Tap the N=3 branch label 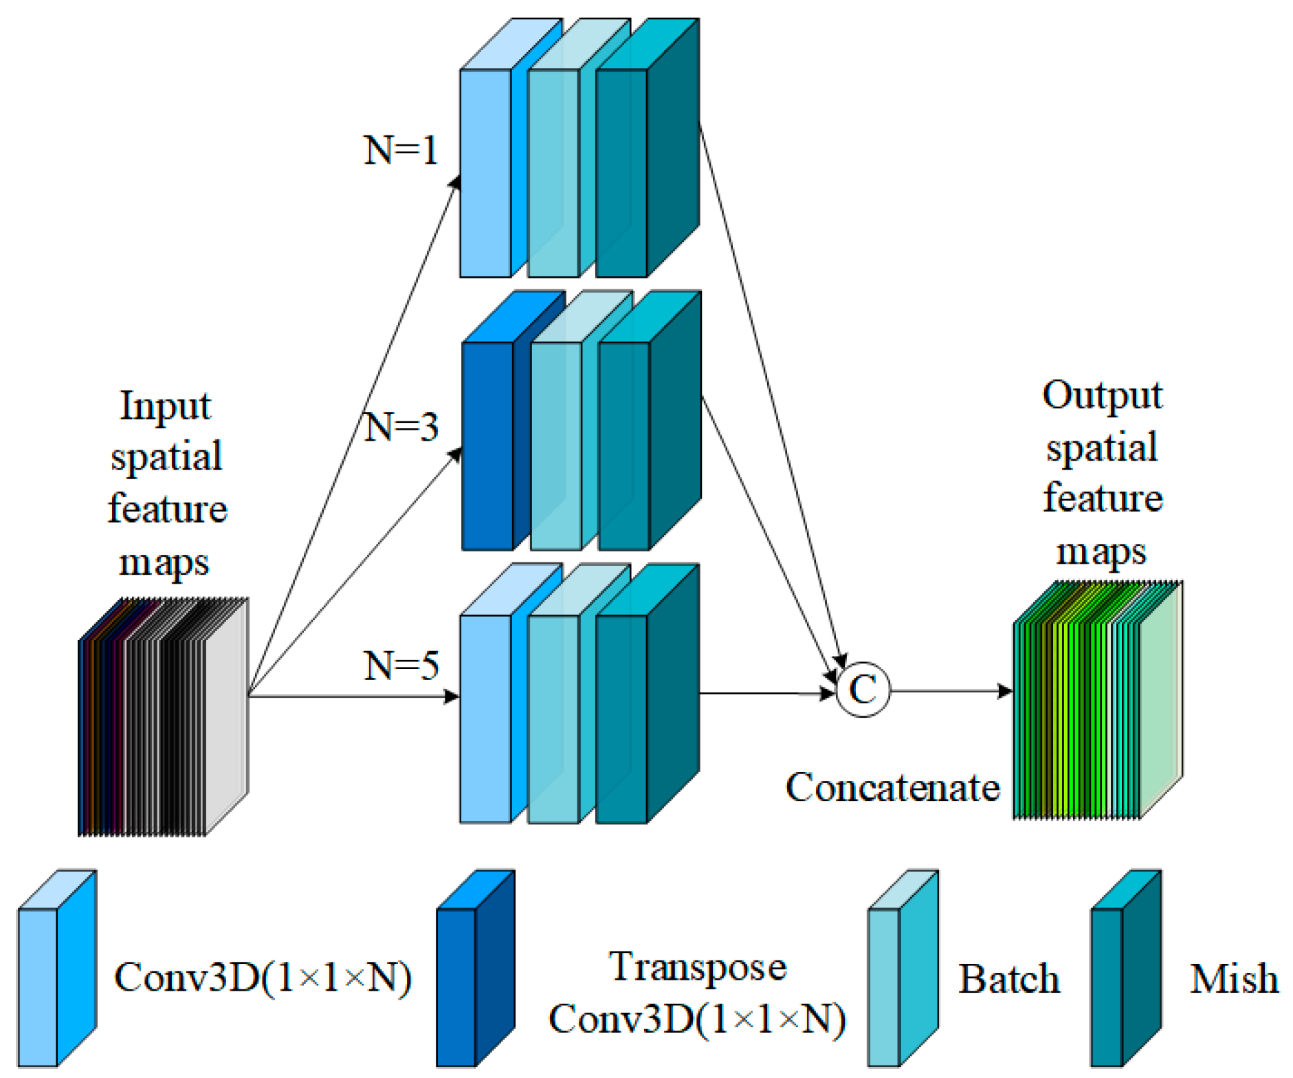(x=401, y=427)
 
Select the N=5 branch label (x=401, y=665)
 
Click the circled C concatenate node (x=863, y=690)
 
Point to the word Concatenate (x=892, y=787)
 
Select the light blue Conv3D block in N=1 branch (x=485, y=172)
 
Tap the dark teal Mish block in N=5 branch (x=621, y=718)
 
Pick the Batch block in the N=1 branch (x=553, y=172)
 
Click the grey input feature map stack (x=164, y=718)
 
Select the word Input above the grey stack (x=166, y=406)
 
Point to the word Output (x=1102, y=395)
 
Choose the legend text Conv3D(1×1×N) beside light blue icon (x=263, y=977)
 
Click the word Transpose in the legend (x=697, y=967)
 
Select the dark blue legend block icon (x=474, y=969)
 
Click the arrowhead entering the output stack (x=1005, y=690)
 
